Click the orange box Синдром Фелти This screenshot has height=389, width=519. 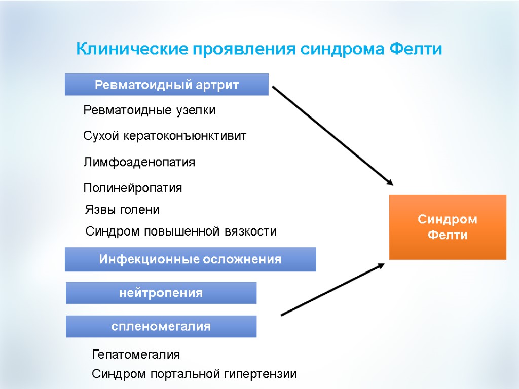point(448,227)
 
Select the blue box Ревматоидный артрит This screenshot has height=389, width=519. point(166,85)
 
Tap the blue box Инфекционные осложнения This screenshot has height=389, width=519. point(190,259)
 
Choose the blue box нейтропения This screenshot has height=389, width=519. point(161,293)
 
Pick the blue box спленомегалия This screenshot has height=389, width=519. point(161,326)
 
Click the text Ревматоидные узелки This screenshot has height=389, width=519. point(149,110)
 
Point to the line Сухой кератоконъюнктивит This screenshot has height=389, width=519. point(164,136)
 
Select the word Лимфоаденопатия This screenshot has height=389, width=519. point(139,163)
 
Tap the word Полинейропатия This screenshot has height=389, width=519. point(132,188)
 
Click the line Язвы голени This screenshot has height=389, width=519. point(122,210)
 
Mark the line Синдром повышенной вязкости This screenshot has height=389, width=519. point(181,232)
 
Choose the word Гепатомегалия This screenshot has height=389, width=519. point(136,354)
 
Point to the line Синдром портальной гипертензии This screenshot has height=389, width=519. point(194,375)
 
